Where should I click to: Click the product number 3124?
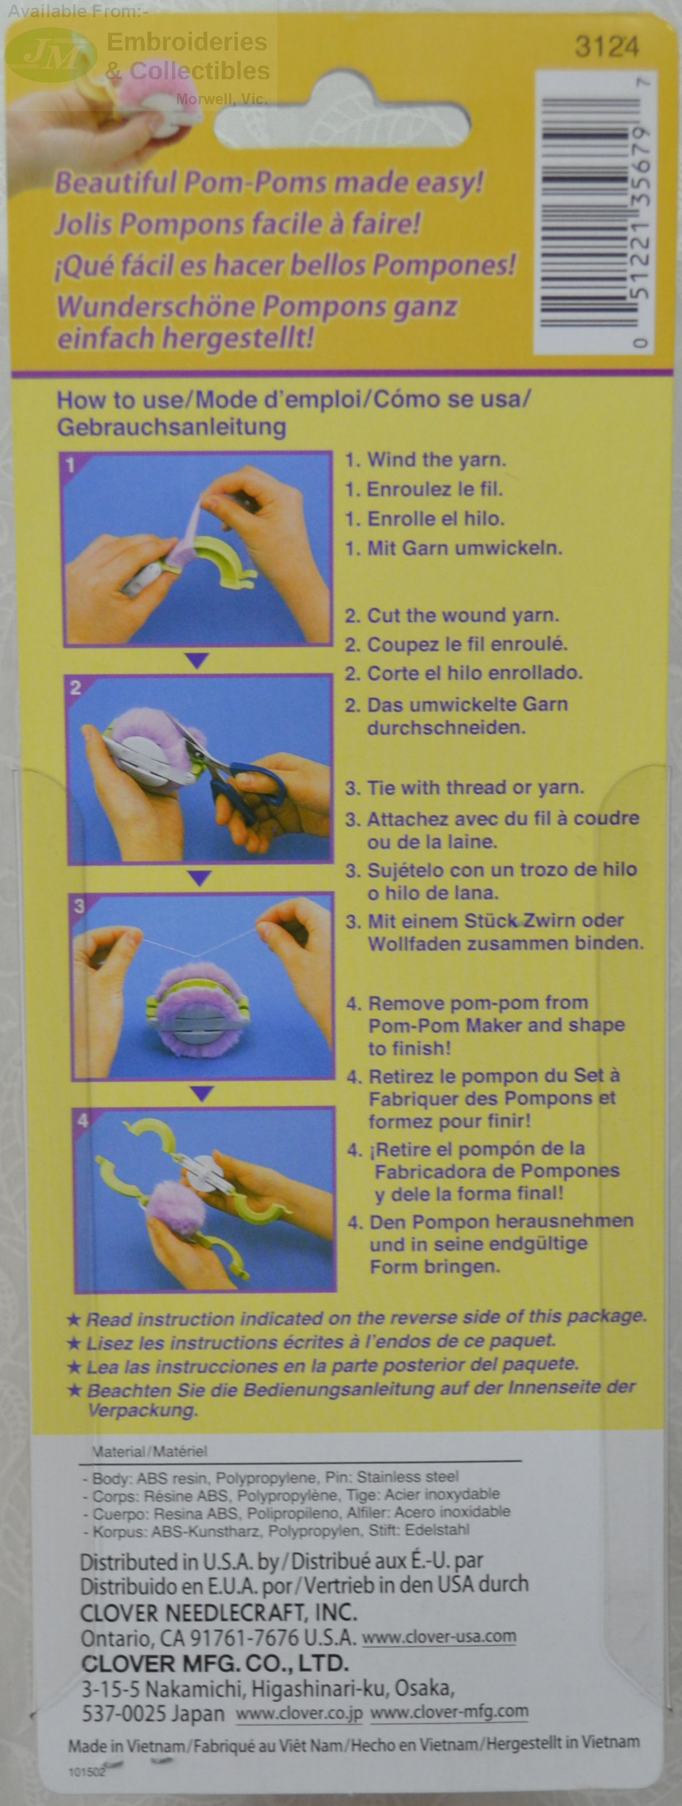606,47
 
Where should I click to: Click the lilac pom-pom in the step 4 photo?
175,1209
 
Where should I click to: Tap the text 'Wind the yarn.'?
436,460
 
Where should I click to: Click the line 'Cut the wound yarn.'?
462,615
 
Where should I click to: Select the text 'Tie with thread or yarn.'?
475,787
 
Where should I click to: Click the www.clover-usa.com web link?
439,1636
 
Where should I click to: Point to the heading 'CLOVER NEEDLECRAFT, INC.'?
218,1612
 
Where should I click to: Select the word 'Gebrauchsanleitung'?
172,427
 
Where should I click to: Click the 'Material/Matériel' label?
150,1451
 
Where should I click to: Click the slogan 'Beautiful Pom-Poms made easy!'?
269,183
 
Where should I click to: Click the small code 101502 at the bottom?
86,1772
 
